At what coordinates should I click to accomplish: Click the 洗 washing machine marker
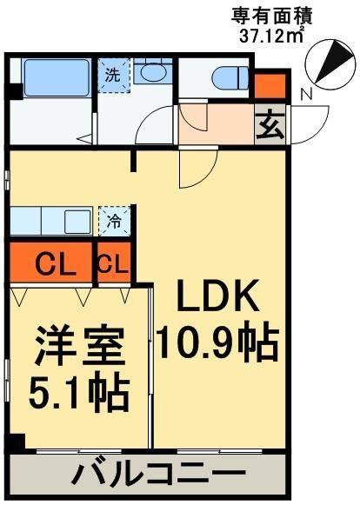pyautogui.click(x=113, y=75)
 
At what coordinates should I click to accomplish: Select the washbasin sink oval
pyautogui.click(x=155, y=73)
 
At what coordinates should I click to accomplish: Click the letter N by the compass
pyautogui.click(x=306, y=93)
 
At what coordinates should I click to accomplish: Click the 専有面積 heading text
pyautogui.click(x=270, y=15)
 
